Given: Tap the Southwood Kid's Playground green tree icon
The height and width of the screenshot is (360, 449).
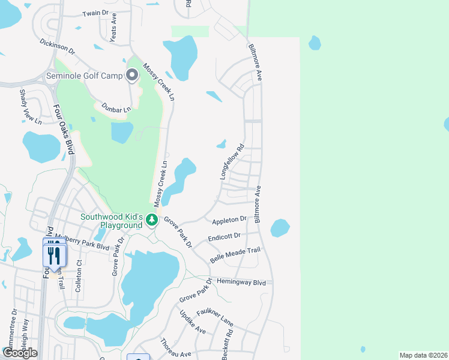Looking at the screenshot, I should coord(152,220).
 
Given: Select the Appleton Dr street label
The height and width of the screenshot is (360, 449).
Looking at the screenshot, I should coord(229,220).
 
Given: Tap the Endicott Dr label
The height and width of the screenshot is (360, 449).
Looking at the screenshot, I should coord(224,236).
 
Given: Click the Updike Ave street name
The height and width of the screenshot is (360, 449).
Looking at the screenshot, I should coord(192,322).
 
